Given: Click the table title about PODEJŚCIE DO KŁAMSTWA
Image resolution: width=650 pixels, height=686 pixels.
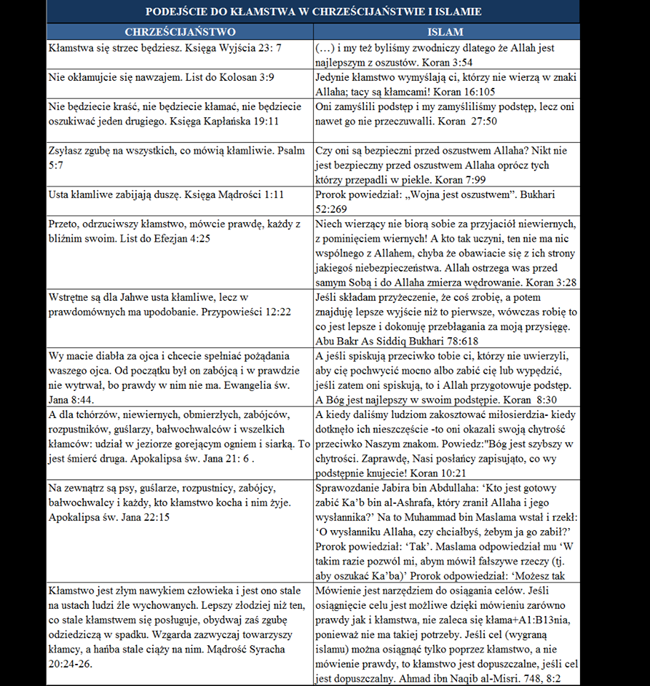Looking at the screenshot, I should (313, 11).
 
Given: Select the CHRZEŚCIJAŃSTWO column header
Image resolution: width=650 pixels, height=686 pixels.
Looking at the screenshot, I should (179, 32).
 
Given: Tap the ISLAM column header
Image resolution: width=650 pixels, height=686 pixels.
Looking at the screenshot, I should (445, 32).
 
